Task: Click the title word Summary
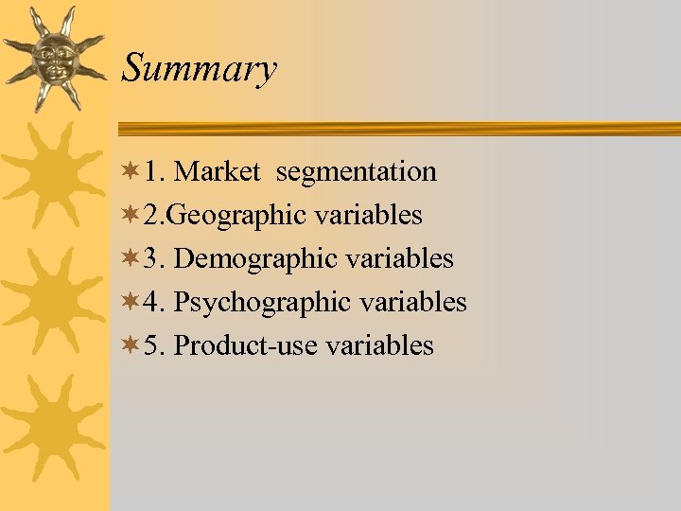point(200,69)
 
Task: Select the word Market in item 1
point(217,171)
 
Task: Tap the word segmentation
point(357,171)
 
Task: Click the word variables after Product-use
point(379,345)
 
